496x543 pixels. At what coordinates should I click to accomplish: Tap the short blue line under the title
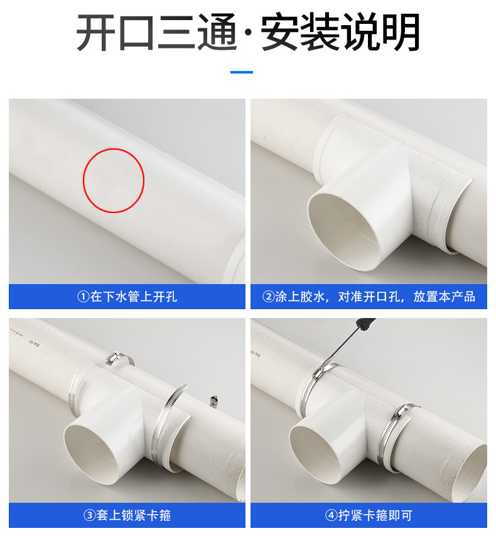[x=242, y=72]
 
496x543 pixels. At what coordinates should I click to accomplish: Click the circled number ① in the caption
[x=84, y=297]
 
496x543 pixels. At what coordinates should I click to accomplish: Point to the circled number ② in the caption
[x=269, y=297]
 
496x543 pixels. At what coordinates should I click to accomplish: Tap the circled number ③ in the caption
[x=90, y=515]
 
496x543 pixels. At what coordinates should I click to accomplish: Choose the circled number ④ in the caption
[x=332, y=515]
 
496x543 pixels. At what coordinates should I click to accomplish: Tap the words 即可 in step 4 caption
[x=400, y=515]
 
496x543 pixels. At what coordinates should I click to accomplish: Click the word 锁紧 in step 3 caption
[x=134, y=515]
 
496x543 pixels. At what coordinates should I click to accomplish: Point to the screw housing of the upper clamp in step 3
[x=112, y=358]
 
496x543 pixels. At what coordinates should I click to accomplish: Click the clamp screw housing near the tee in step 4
[x=402, y=412]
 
